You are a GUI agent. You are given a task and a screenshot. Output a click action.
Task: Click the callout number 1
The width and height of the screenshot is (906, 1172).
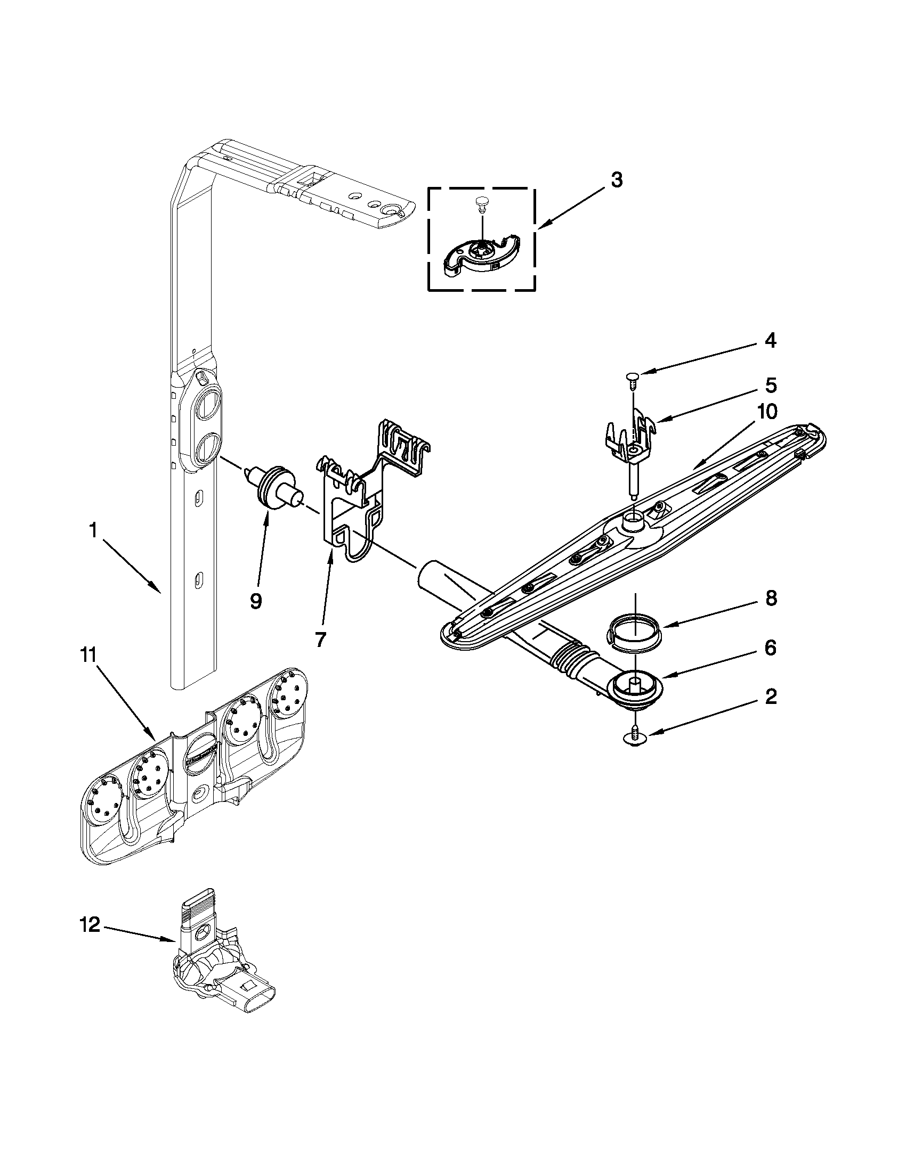pos(93,531)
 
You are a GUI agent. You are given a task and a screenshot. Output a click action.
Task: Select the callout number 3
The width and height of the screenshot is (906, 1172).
pos(617,181)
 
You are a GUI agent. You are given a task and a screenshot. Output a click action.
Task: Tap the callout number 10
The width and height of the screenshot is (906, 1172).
pos(767,412)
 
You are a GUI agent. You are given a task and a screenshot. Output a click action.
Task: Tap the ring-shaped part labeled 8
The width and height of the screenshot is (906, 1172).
pos(636,628)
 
